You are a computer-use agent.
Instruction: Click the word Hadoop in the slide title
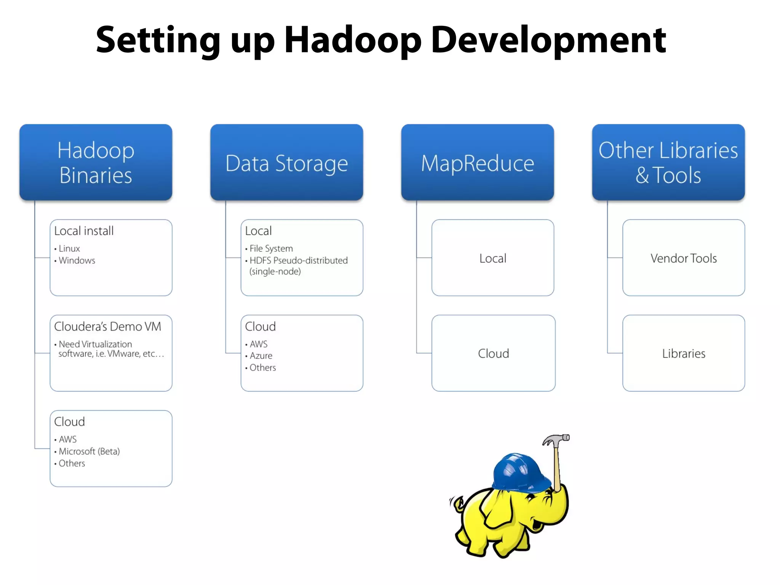(x=352, y=40)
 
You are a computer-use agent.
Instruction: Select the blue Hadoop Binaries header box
(x=96, y=162)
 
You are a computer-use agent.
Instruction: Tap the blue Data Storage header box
(x=286, y=163)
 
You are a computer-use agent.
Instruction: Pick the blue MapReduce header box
(x=477, y=163)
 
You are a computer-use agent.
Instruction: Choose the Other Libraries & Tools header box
(x=668, y=162)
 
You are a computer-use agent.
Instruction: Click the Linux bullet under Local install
(x=69, y=249)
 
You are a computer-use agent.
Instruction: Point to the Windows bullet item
(x=77, y=261)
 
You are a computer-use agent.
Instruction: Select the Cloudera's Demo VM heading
(x=107, y=326)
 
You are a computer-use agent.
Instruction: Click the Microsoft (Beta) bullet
(x=89, y=451)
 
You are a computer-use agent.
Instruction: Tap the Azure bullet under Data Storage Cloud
(x=261, y=356)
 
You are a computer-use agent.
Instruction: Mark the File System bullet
(x=271, y=249)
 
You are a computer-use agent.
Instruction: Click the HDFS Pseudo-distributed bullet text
(x=298, y=261)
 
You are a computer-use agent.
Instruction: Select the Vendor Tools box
(x=683, y=258)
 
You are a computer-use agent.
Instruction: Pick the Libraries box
(x=683, y=353)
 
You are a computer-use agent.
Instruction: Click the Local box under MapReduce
(x=492, y=258)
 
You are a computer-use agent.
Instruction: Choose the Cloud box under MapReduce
(x=493, y=353)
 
